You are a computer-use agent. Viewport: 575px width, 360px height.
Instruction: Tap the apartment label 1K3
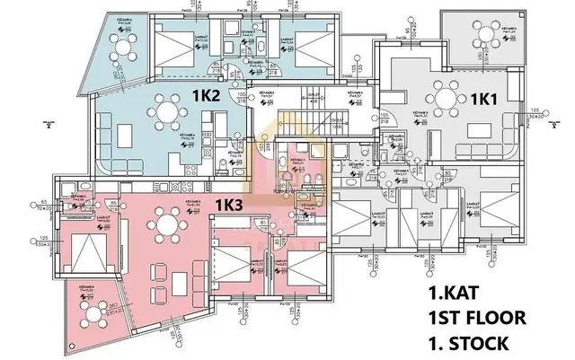pos(228,206)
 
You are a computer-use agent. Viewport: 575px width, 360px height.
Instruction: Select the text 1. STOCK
pos(468,341)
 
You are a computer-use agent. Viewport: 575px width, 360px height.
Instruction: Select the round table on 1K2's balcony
pos(120,33)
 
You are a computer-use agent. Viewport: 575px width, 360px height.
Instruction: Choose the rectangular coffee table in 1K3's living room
pos(159,267)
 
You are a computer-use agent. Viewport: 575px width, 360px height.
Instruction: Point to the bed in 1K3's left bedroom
pos(85,248)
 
